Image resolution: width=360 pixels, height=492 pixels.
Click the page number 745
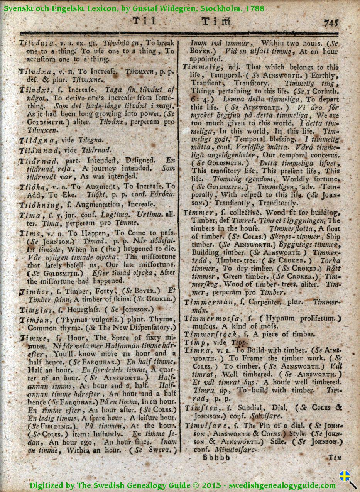coord(330,23)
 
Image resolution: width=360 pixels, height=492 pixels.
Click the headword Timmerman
coord(209,302)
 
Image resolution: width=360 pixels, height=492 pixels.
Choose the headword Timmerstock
coord(210,335)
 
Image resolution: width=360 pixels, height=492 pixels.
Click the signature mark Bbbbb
coord(216,458)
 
